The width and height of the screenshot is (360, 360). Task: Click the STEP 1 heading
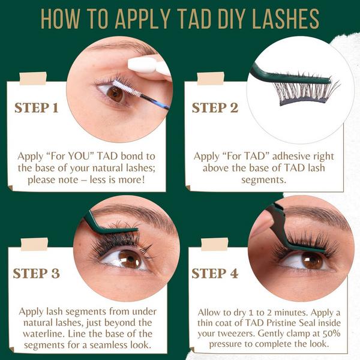pos(37,108)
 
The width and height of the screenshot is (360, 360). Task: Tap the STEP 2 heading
pos(215,108)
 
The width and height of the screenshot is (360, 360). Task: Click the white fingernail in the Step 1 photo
pos(144,64)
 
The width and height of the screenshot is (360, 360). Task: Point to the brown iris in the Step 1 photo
pos(115,93)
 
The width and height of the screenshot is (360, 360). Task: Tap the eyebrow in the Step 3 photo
pos(132,213)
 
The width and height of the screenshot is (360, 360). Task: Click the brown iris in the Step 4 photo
pos(311,260)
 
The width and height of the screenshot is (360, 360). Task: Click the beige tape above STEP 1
pos(33,79)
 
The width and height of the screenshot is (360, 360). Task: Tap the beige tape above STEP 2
pos(211,79)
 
